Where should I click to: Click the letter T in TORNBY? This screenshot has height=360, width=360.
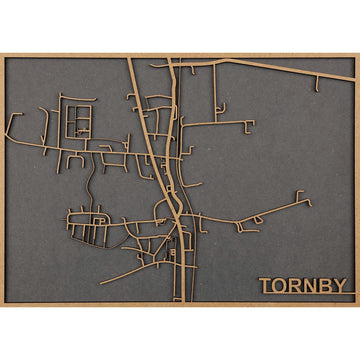266,286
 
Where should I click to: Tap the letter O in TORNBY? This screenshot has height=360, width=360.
280,286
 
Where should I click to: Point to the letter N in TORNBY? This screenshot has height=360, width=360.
311,286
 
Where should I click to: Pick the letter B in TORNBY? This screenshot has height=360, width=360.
326,286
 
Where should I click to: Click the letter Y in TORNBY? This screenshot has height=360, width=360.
340,286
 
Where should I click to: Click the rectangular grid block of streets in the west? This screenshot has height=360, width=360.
76,121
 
